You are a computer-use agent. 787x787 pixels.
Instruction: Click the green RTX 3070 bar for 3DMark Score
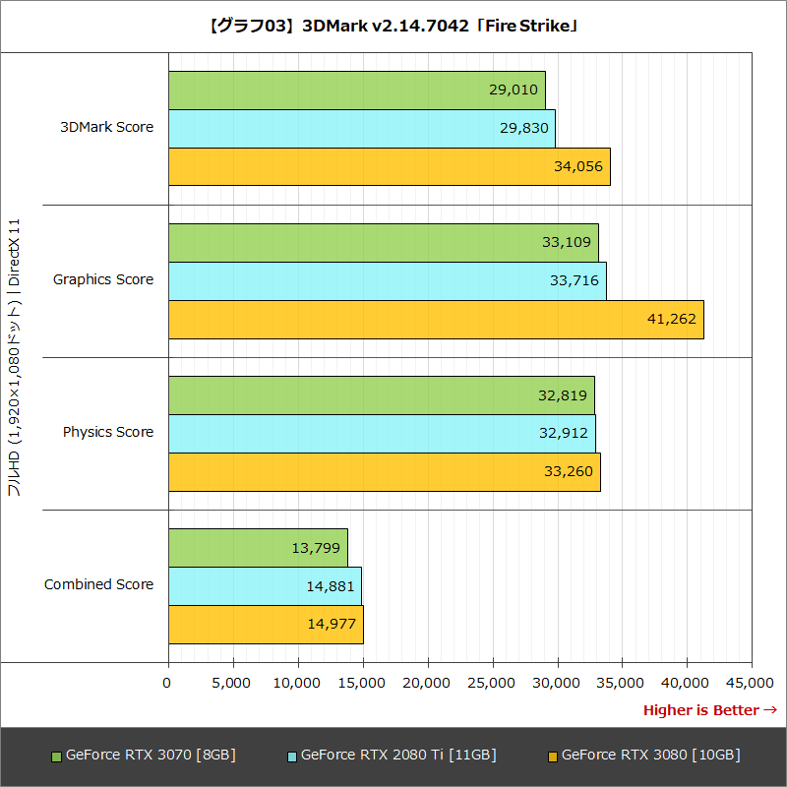click(x=356, y=91)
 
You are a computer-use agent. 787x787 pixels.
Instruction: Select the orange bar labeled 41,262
click(x=436, y=320)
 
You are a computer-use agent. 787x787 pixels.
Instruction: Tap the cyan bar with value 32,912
click(x=382, y=434)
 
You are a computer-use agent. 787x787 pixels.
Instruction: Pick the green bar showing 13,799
click(x=258, y=548)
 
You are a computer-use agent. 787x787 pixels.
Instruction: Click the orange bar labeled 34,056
click(x=389, y=166)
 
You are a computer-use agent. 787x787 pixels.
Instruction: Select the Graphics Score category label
click(x=103, y=280)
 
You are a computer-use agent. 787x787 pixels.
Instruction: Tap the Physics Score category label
click(x=108, y=433)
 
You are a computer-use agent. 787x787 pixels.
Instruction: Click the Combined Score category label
click(x=99, y=585)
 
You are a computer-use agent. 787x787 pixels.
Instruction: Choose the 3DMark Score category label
click(x=107, y=128)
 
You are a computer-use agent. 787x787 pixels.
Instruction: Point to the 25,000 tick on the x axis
click(x=493, y=683)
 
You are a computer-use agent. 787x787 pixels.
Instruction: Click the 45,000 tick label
click(x=752, y=683)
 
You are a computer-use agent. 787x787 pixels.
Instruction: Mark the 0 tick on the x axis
click(x=168, y=683)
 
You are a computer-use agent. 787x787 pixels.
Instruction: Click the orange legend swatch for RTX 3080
click(x=552, y=757)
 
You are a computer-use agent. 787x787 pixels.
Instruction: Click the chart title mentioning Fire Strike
click(x=393, y=27)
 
